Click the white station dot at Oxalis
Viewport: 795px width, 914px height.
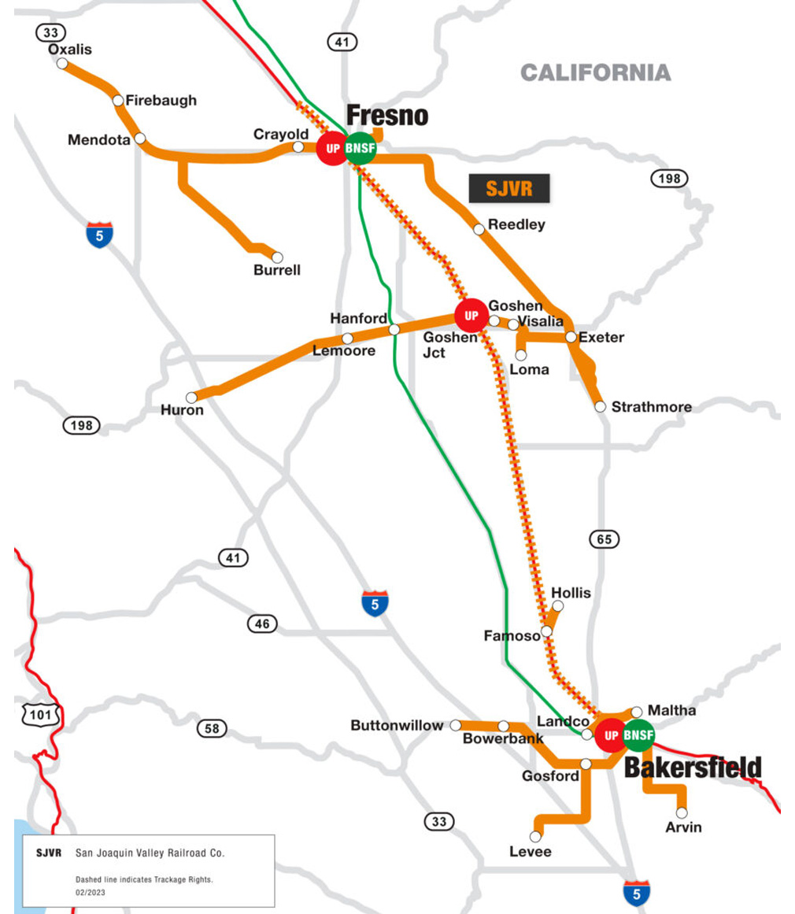point(62,63)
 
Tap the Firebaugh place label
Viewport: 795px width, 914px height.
point(161,100)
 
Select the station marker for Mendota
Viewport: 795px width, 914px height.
point(140,139)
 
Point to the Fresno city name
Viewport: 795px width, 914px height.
point(387,116)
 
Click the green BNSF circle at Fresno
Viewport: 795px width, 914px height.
point(361,149)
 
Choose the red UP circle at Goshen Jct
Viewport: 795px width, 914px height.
point(471,316)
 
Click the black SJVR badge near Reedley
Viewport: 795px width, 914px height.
point(508,189)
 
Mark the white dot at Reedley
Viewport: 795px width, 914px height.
point(479,229)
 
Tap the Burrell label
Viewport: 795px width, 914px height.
point(277,270)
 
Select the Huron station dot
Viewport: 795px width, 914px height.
point(191,398)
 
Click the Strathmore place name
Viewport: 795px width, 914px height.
point(651,407)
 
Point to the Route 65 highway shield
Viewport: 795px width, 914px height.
point(604,539)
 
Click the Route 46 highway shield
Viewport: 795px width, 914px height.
point(262,624)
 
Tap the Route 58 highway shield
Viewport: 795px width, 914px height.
point(212,728)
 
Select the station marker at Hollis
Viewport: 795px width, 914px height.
point(558,606)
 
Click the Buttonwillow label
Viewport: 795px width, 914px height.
point(397,725)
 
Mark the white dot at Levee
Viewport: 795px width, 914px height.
point(537,836)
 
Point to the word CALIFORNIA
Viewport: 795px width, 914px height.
point(595,73)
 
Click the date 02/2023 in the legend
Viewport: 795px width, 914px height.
point(91,892)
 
